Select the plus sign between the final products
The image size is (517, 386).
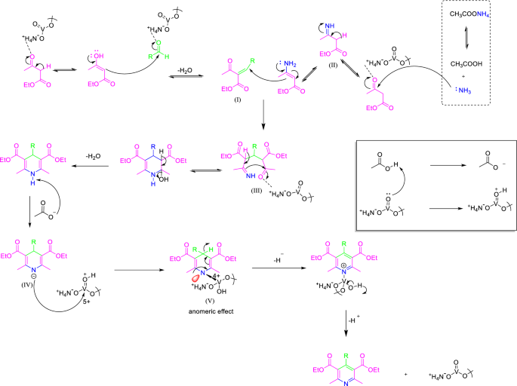coord(405,374)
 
